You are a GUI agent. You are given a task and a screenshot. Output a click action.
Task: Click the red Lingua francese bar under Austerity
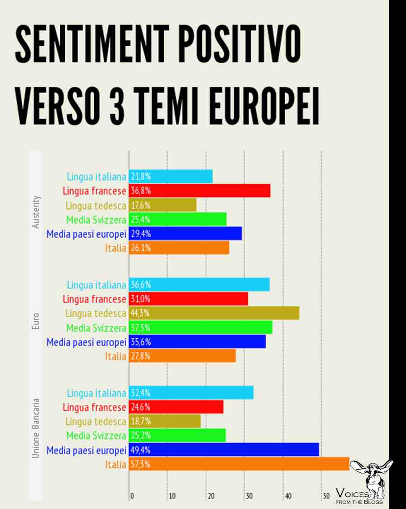pos(199,191)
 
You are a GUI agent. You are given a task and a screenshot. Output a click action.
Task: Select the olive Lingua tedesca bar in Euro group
pos(214,313)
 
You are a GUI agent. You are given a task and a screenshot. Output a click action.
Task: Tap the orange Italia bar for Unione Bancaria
pos(239,464)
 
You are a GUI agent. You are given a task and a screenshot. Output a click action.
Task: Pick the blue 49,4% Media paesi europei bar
pos(224,450)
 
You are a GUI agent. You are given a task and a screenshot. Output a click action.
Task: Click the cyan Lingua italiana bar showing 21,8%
pos(171,177)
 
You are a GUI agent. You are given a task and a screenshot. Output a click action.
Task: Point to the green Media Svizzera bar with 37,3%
pos(201,327)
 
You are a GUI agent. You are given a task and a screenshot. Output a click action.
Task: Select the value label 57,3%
pos(140,464)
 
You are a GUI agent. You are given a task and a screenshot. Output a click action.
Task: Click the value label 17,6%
pos(140,205)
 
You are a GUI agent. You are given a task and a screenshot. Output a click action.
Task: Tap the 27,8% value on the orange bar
pos(140,356)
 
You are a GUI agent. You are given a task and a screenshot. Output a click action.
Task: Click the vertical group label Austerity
pos(37,212)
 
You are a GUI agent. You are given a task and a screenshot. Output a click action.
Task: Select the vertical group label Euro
pos(37,321)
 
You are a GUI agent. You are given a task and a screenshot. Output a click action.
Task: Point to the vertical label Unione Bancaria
pos(37,428)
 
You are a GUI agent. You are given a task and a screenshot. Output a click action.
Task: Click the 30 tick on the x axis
pos(249,496)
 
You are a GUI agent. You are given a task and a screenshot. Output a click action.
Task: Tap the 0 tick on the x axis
pos(132,496)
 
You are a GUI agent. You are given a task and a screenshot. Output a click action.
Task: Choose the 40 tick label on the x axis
pos(288,496)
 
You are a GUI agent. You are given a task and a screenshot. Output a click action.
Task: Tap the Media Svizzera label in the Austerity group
pos(96,220)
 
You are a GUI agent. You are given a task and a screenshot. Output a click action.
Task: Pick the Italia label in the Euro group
pos(115,356)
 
